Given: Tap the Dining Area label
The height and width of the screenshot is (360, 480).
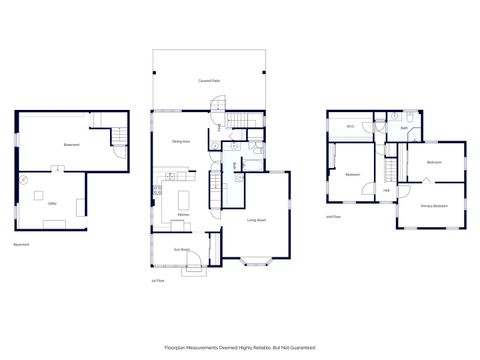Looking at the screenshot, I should click(x=181, y=141).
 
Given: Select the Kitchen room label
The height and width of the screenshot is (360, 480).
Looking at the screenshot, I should click(x=183, y=214).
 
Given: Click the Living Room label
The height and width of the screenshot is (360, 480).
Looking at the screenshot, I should click(x=257, y=219).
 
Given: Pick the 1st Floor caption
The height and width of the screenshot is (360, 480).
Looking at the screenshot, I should click(x=155, y=282).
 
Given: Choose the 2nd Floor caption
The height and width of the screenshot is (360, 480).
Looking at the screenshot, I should click(x=334, y=215).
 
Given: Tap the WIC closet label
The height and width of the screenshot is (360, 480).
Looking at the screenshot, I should click(x=351, y=127).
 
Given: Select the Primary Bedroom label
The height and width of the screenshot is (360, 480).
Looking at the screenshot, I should click(x=434, y=206).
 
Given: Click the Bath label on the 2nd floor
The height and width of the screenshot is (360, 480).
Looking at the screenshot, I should click(x=405, y=128).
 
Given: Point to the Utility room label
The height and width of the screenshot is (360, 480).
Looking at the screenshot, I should click(x=51, y=203).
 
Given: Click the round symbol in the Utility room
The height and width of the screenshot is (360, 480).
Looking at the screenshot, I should click(x=22, y=180).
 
